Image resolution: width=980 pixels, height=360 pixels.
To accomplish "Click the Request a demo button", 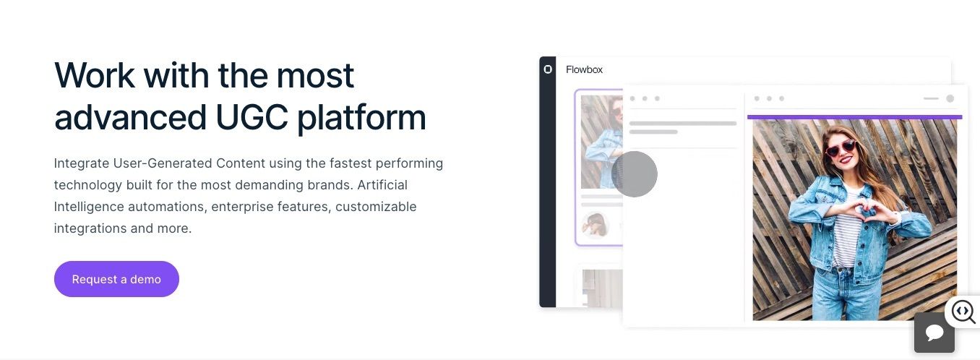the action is [116, 279].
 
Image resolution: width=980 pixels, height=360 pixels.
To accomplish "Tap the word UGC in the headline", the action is [252, 117].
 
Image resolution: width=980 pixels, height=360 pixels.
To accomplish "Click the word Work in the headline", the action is [95, 75].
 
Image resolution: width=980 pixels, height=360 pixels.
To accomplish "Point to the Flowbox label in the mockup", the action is [584, 69].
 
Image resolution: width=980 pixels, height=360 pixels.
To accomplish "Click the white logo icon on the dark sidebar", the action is [547, 69].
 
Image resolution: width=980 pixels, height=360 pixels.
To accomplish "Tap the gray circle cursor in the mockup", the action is [635, 174].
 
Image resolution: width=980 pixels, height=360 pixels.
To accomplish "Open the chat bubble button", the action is [934, 333].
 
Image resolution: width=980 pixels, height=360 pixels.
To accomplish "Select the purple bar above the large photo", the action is [854, 117].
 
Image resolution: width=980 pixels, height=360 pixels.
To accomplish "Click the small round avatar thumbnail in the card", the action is [595, 225].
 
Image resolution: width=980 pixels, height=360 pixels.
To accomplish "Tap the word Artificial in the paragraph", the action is [382, 185].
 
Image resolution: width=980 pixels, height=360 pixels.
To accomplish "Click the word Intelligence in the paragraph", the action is [89, 207].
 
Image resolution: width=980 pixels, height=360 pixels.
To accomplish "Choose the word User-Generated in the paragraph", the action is [163, 163].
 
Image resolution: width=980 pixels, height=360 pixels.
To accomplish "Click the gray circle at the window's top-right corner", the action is [950, 98].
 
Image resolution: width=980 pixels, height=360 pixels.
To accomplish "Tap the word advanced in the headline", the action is [130, 117].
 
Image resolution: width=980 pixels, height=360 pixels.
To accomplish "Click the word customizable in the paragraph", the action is [376, 207].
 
